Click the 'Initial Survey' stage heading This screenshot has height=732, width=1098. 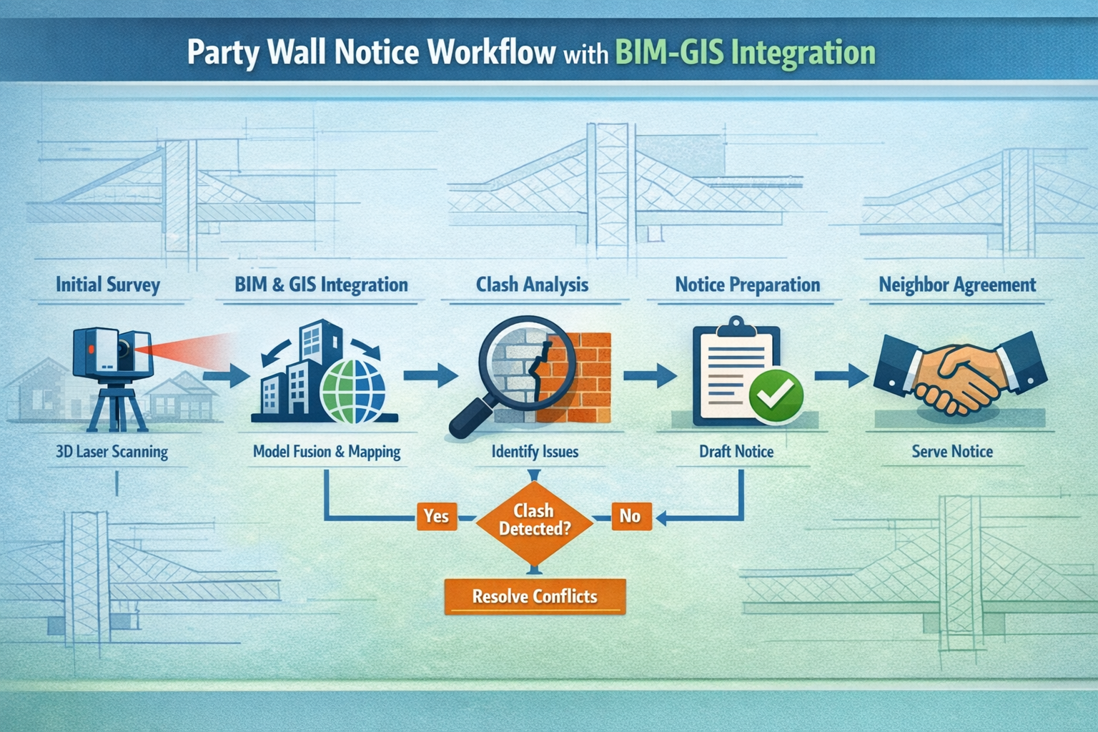click(x=108, y=285)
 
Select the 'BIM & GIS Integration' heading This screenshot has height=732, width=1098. click(x=321, y=285)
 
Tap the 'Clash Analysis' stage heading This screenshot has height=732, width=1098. click(x=532, y=285)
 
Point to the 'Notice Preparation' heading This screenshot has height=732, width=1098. click(x=747, y=285)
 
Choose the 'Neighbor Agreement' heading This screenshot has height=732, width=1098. click(x=956, y=285)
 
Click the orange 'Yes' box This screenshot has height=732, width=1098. click(x=436, y=515)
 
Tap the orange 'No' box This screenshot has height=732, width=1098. click(x=630, y=515)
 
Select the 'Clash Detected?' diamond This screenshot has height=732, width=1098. click(x=534, y=520)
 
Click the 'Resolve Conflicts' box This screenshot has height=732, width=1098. click(x=535, y=596)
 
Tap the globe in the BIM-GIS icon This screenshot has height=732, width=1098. click(x=353, y=390)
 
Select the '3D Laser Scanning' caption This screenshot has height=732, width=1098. click(x=112, y=452)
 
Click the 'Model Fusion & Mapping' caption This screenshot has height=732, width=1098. click(x=327, y=452)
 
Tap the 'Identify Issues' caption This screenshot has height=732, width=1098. click(x=535, y=452)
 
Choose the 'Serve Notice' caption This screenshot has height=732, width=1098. click(x=952, y=452)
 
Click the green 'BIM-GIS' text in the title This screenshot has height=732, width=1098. click(x=671, y=53)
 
